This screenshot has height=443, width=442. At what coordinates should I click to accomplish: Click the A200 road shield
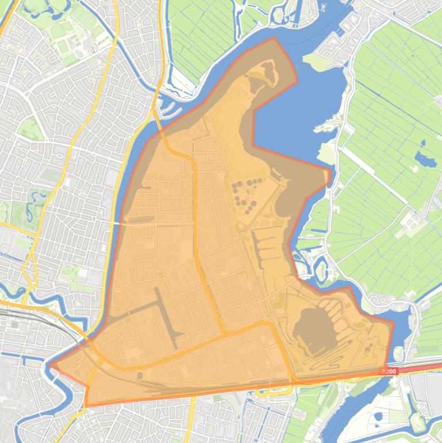coord(389,371)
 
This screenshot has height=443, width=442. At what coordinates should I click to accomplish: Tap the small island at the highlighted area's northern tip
coord(268,72)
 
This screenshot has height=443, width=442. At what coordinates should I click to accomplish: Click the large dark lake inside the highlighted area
coord(310,330)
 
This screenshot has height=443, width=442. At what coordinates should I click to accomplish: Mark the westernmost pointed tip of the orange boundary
coord(50,364)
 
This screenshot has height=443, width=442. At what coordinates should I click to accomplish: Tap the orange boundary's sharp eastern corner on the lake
coord(330,171)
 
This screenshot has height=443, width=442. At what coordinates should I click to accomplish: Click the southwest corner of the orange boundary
coord(87,405)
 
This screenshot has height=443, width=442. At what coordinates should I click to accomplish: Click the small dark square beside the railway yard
coord(140,376)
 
